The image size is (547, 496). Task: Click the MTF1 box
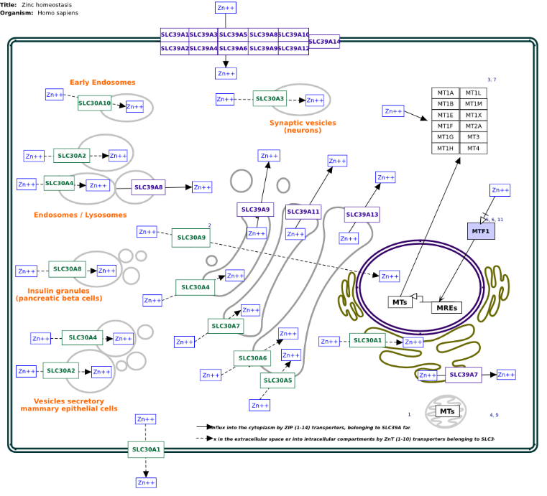tap(481, 231)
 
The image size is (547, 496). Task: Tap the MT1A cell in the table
tap(446, 93)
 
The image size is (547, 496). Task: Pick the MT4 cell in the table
tap(473, 148)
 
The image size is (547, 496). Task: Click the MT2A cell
tap(473, 126)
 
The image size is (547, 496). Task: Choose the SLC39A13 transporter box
tap(362, 215)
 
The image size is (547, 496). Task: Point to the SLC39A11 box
tap(303, 212)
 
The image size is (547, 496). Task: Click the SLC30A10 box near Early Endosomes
tap(95, 103)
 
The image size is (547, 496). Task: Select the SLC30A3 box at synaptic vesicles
tap(270, 98)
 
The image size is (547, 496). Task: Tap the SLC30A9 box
tap(190, 237)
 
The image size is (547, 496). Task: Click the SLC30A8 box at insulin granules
tap(67, 269)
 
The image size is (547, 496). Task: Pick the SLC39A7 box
tap(463, 375)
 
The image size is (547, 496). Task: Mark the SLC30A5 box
tap(277, 380)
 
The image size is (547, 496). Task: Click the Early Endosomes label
tap(102, 83)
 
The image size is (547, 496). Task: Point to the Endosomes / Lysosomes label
tap(80, 215)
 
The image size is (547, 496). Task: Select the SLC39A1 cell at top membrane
tap(175, 34)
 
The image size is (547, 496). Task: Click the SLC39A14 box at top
tap(324, 42)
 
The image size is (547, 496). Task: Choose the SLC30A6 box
tap(252, 358)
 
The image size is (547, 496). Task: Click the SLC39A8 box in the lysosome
tap(148, 187)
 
